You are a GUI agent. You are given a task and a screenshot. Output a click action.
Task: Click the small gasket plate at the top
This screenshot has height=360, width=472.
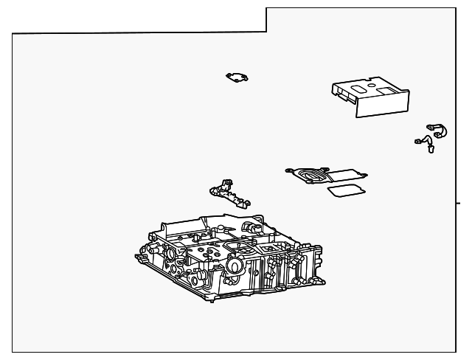[237, 77]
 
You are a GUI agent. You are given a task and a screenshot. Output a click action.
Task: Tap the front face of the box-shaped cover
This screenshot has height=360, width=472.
[383, 105]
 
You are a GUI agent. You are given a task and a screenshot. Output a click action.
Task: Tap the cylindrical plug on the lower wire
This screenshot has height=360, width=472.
[430, 150]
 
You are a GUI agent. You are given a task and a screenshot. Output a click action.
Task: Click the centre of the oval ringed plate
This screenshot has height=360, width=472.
[310, 175]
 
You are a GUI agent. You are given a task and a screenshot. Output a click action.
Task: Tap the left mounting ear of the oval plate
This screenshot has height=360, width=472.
[289, 171]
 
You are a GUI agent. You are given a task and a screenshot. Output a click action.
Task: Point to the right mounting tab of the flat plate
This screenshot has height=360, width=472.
[364, 176]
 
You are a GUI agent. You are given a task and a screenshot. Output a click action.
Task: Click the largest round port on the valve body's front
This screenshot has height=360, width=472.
[235, 266]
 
